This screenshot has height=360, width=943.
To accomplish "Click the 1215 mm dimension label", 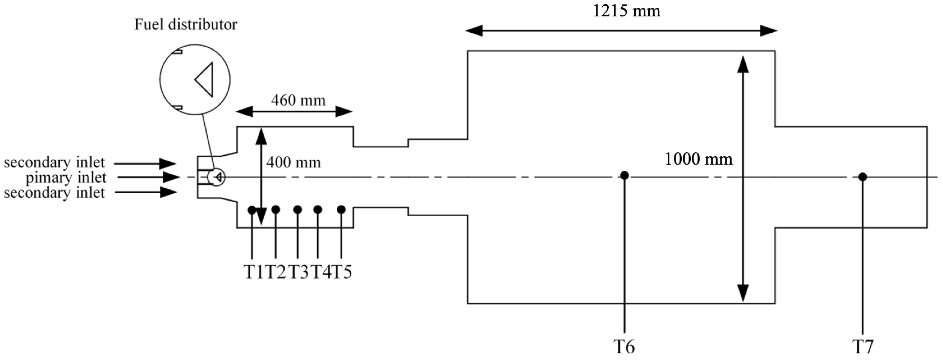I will pos(626,11).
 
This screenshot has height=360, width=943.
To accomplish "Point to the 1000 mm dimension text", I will pos(698,159).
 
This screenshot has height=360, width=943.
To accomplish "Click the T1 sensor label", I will pos(253,272).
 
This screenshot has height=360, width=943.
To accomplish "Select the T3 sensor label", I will pos(298,272).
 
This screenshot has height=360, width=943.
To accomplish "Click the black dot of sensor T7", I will pos(863,177).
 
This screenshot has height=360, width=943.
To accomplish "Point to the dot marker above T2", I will pos(276,209).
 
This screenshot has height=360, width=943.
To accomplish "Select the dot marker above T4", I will pos(318,209).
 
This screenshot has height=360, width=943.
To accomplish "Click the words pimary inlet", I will pos(66,178).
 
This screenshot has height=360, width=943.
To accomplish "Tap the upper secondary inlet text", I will pos(54,162).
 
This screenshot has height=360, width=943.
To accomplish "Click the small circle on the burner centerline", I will pos(216,177).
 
